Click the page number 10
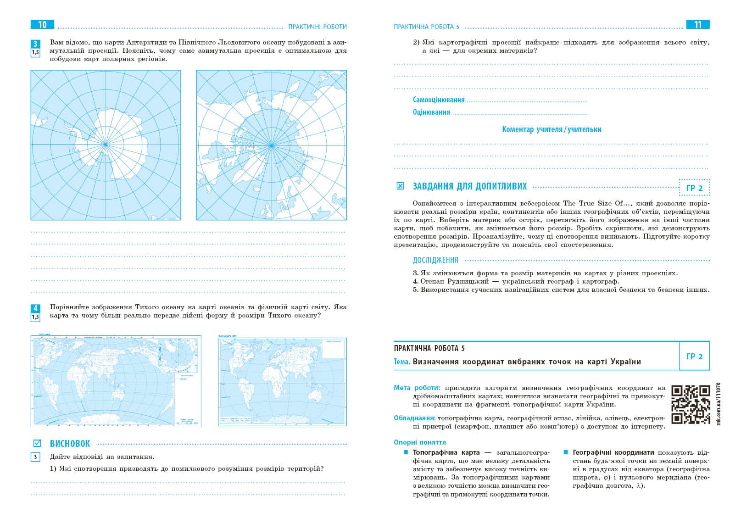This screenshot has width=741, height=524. click(42, 25)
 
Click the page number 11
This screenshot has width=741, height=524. click(698, 25)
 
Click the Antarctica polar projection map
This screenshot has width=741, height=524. click(106, 145)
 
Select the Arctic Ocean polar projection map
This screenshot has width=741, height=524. click(272, 145)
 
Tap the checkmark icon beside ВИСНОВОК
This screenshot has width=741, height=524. click(37, 443)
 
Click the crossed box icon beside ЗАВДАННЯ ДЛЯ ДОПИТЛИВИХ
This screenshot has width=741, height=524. click(400, 186)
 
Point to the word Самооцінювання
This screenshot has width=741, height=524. click(439, 100)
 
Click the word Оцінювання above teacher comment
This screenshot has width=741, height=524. click(431, 112)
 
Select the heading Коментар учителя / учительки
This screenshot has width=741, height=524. click(552, 129)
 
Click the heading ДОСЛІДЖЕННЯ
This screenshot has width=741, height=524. click(435, 260)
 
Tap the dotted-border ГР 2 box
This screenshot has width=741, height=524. click(694, 188)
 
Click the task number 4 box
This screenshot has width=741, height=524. click(35, 308)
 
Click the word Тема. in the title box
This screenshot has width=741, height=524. click(402, 362)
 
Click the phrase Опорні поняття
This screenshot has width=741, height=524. click(420, 442)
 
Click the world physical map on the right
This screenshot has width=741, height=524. click(282, 382)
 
